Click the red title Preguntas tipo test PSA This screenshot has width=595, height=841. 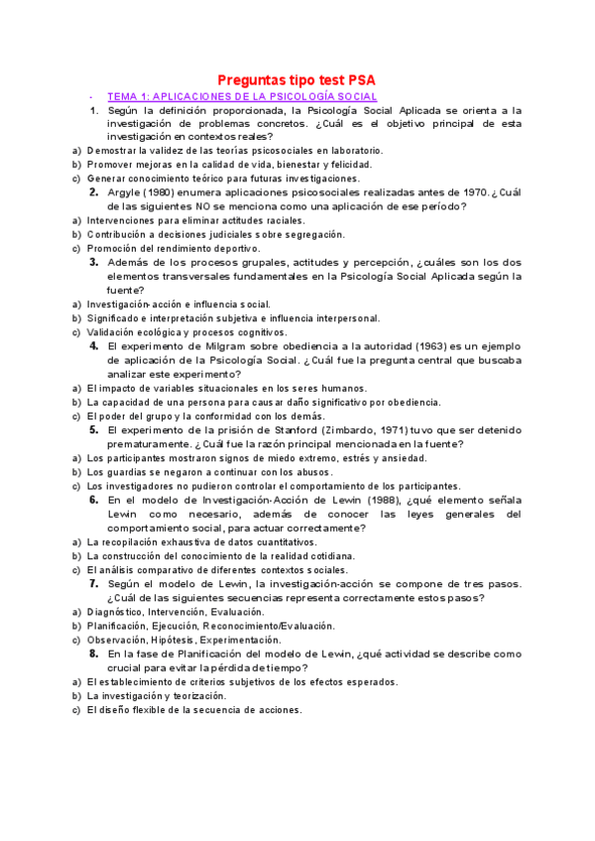297,79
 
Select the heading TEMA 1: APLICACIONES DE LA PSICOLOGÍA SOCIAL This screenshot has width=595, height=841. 242,96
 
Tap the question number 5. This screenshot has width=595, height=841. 93,430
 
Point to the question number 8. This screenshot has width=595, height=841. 93,655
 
